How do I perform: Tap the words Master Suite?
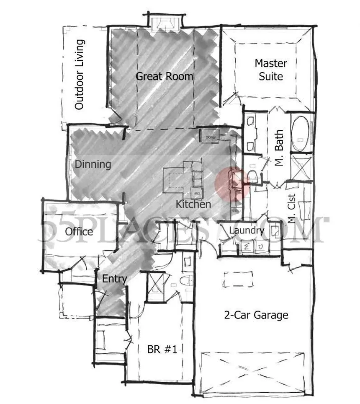click(271, 70)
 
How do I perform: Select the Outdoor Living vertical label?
click(80, 75)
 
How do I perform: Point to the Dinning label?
click(93, 164)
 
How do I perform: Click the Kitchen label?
click(193, 205)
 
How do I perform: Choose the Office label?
click(79, 231)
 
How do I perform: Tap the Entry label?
click(114, 279)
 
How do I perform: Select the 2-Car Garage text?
click(256, 315)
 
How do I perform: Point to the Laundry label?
click(247, 230)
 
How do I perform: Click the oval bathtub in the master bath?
click(300, 133)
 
